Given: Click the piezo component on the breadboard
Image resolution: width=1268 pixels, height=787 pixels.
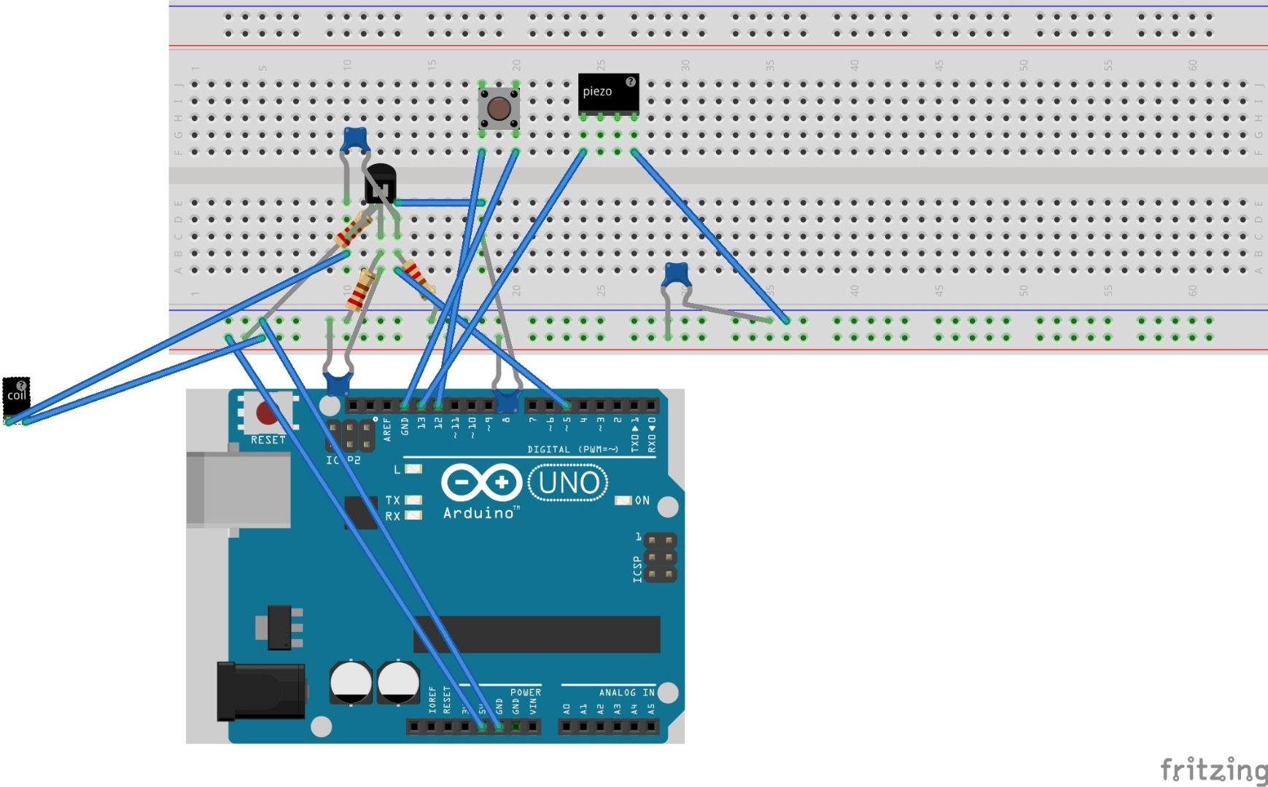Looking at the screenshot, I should [x=608, y=93].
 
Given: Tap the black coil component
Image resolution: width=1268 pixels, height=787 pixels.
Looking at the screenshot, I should [x=16, y=396].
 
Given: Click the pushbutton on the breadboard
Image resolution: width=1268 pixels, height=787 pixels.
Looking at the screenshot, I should [x=499, y=109].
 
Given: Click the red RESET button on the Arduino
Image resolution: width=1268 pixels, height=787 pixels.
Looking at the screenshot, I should [x=266, y=413].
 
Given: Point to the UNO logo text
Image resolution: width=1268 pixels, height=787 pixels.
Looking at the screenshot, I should [x=568, y=482].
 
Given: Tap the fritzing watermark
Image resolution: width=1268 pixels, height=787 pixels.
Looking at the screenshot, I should [x=1213, y=769].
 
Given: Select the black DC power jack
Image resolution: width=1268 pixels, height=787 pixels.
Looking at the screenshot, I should [x=259, y=691].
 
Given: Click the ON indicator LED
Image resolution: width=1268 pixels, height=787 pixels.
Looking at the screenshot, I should [x=622, y=501].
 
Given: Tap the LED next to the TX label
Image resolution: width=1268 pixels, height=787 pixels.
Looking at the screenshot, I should [x=413, y=500].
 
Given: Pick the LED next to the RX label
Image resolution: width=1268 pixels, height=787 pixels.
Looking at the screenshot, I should [x=413, y=515].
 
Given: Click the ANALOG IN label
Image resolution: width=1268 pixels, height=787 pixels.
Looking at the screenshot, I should [x=626, y=692].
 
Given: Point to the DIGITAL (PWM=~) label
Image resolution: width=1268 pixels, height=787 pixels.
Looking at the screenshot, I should [x=572, y=450].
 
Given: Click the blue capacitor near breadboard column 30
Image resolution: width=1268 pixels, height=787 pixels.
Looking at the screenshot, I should [x=676, y=275].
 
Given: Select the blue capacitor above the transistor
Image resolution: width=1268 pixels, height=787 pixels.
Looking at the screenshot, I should [x=354, y=137].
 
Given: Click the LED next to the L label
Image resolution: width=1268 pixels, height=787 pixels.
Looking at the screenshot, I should [x=413, y=469].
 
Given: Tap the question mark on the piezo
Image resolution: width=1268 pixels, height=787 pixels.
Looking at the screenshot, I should [x=631, y=82].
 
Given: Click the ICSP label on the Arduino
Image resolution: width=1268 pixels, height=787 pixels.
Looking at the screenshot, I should [x=637, y=569].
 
